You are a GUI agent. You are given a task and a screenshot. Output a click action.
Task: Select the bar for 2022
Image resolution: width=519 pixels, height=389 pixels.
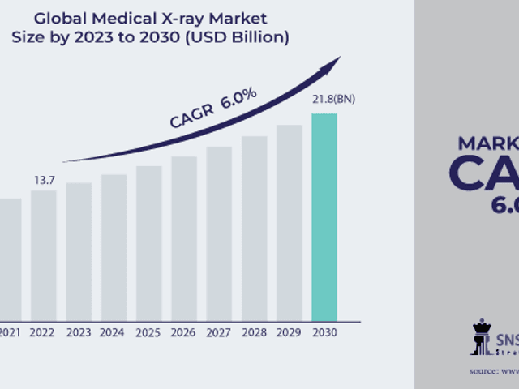[x=44, y=255]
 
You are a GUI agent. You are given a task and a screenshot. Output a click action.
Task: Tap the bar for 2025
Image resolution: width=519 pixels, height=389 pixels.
[x=148, y=243]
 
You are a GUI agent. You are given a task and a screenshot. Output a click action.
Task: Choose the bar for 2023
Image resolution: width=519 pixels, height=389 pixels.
[x=79, y=251]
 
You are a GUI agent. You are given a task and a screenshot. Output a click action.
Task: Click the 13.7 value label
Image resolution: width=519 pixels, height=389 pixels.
[x=43, y=178]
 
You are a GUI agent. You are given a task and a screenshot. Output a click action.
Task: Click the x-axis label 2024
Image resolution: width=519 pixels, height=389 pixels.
[x=114, y=331]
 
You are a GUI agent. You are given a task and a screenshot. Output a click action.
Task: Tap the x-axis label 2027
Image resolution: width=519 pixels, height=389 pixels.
[x=219, y=331]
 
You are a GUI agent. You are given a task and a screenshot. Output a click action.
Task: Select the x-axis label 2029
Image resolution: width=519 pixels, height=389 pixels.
[x=289, y=331]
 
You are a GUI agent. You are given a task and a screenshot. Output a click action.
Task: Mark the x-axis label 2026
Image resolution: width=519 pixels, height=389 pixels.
[x=183, y=331]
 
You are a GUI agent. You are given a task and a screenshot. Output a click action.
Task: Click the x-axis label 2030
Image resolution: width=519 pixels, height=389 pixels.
[x=324, y=331]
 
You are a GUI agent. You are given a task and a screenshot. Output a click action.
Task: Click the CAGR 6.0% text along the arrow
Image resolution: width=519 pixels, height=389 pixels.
[x=212, y=107]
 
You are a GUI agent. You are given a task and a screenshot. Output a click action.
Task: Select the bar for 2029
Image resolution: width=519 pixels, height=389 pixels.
[x=289, y=222]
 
